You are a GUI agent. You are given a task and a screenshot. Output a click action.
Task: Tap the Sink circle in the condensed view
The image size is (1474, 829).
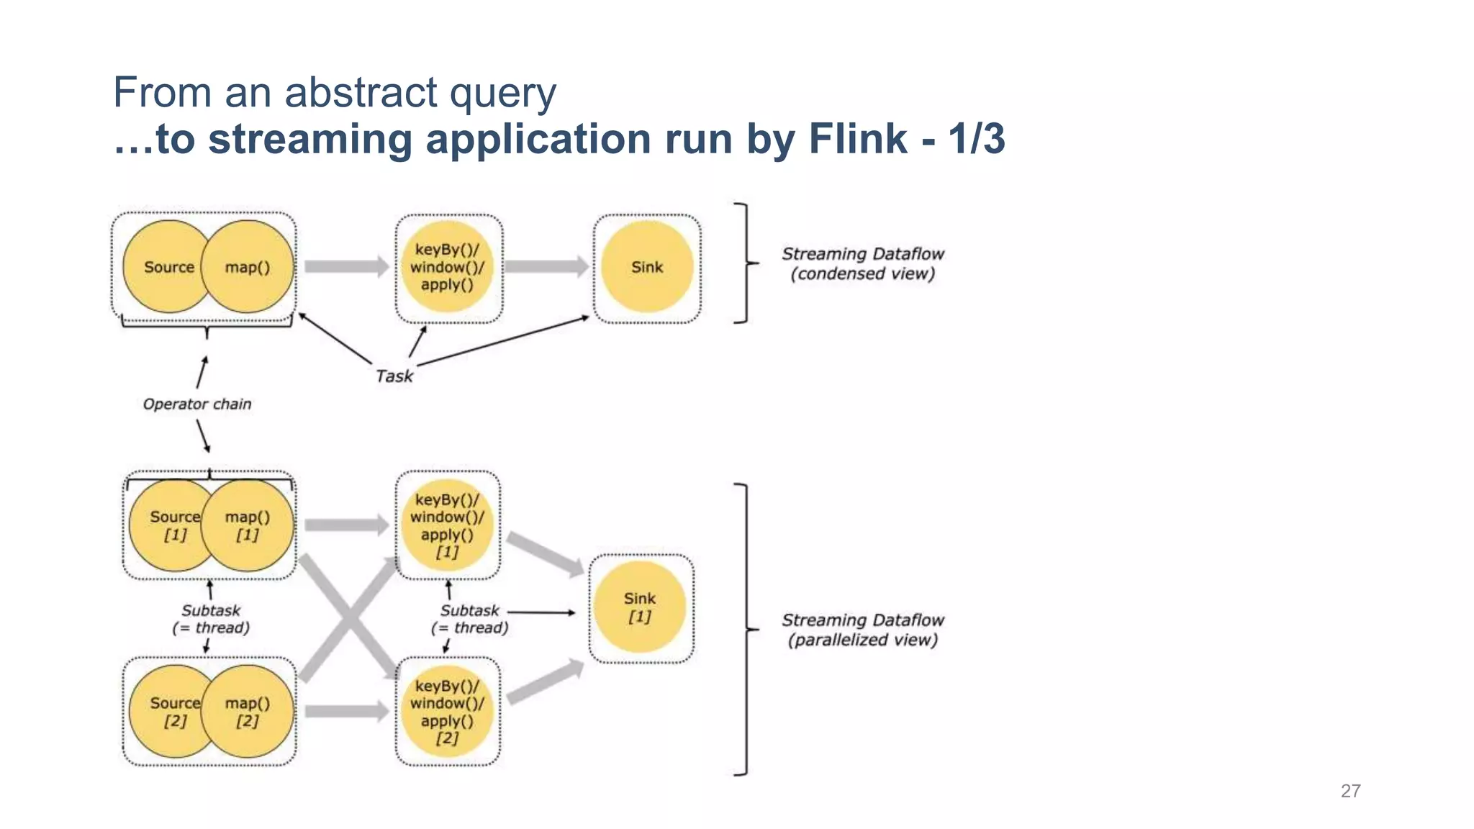click(647, 267)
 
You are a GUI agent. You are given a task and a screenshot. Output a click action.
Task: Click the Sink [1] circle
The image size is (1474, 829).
click(639, 607)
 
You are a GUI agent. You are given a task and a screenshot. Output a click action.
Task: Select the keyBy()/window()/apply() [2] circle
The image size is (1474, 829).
click(447, 711)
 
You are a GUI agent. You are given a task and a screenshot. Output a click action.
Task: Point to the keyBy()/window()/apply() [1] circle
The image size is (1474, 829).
click(447, 525)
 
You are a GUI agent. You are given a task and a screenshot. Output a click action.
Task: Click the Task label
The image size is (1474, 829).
click(394, 376)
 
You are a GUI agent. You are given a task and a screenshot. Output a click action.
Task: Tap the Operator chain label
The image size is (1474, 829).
click(197, 404)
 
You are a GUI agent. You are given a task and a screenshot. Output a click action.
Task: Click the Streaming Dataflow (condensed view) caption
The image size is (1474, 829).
click(862, 263)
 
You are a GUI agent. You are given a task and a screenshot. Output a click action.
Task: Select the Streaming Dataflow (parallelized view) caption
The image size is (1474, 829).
click(862, 630)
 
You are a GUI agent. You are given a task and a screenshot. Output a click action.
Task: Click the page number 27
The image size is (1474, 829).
click(1350, 791)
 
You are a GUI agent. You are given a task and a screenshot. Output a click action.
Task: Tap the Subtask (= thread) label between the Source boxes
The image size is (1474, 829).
click(211, 619)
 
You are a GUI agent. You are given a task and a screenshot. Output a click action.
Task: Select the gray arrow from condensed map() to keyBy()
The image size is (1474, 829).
click(346, 266)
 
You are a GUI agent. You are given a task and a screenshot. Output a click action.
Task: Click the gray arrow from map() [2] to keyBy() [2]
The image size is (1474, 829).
click(346, 712)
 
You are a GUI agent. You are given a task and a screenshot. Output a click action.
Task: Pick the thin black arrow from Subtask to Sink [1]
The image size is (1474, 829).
click(541, 612)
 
